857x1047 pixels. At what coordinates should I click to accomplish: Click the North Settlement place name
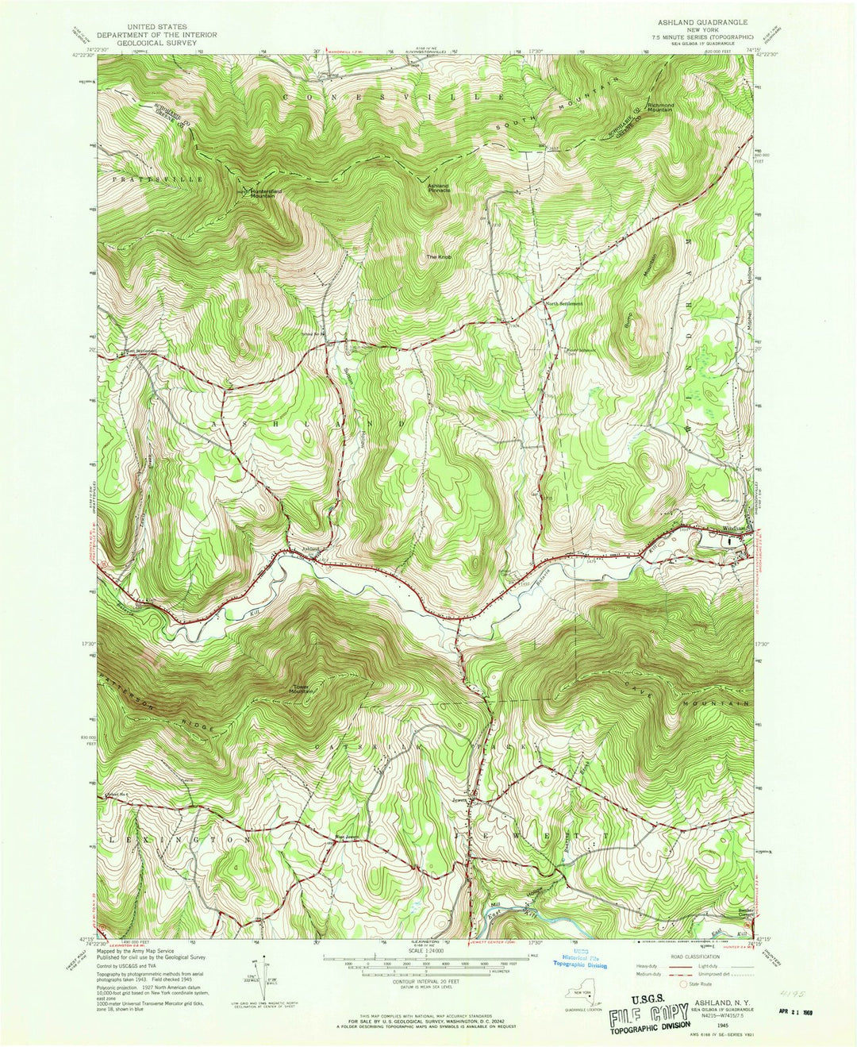pos(564,303)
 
